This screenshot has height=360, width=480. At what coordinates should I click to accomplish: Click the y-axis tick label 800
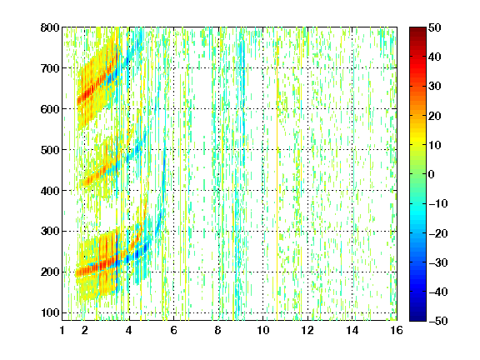click(x=50, y=27)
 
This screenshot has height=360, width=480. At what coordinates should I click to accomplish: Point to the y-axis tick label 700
click(x=50, y=68)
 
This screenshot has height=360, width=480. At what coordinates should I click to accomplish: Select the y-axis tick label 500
click(x=50, y=150)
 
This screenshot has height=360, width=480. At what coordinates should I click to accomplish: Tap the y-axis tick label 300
click(x=50, y=232)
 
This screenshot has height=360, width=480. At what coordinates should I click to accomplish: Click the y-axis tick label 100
click(x=50, y=312)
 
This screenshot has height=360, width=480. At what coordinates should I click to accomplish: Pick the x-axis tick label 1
click(x=62, y=330)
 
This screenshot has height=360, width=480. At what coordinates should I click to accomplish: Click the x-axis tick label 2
click(x=85, y=330)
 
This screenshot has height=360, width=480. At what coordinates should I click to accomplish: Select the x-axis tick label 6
click(x=173, y=330)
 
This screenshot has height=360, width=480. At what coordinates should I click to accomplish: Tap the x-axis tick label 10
click(x=262, y=330)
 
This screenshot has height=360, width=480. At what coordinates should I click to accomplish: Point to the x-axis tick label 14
click(x=352, y=330)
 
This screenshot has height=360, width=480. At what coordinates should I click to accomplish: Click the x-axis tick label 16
click(x=397, y=330)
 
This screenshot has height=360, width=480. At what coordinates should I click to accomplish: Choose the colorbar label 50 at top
click(x=434, y=27)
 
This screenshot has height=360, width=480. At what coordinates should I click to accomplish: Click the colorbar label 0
click(x=432, y=174)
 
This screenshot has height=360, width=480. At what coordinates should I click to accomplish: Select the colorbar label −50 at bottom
click(x=438, y=321)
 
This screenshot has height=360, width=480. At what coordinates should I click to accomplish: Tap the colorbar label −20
click(x=438, y=233)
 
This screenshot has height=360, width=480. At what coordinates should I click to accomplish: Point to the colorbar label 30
click(x=434, y=87)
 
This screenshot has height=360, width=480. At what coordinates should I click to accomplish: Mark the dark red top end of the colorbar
click(x=417, y=28)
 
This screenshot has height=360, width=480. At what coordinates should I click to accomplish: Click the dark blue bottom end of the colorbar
click(x=417, y=320)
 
